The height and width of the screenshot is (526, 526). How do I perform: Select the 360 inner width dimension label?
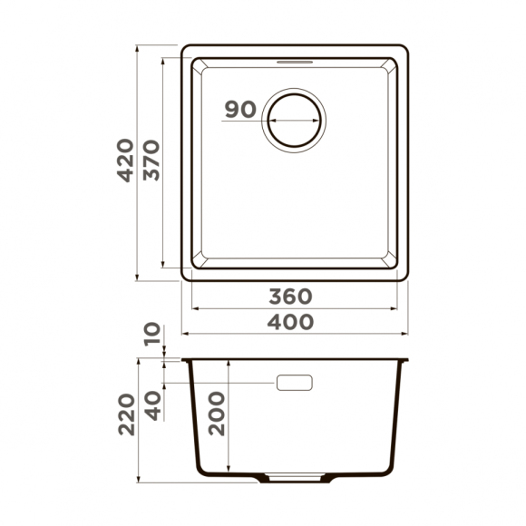(292, 297)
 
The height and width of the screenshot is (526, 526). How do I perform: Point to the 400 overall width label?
(292, 321)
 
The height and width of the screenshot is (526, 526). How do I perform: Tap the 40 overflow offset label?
(151, 404)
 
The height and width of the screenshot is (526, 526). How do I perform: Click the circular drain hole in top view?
(293, 118)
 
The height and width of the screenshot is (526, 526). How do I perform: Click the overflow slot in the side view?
(294, 383)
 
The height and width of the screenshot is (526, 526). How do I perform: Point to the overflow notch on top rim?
(293, 59)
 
